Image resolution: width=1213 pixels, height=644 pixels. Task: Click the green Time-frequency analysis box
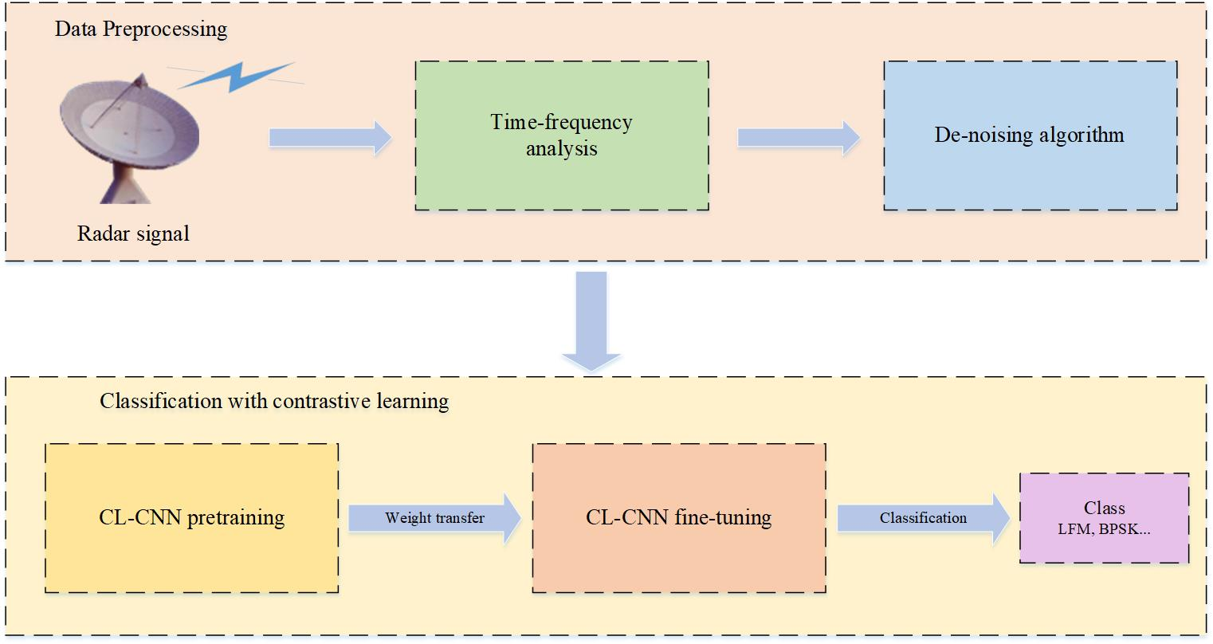[x=561, y=135]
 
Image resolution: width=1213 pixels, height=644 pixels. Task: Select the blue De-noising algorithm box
[x=1029, y=135]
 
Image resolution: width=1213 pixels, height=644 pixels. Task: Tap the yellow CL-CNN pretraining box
[x=191, y=518]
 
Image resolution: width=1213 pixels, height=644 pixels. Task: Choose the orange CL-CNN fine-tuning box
[x=678, y=518]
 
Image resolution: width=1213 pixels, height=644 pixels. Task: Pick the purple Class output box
[x=1104, y=518]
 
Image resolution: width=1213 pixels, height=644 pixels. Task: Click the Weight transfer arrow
[x=434, y=518]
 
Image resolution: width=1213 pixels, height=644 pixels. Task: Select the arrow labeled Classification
[x=923, y=518]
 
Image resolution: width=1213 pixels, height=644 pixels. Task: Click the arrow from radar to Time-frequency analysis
[x=330, y=138]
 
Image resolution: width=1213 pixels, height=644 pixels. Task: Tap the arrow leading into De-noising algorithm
[x=798, y=138]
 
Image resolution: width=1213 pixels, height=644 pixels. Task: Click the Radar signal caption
[x=133, y=234]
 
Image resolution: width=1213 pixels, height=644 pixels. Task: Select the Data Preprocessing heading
[x=141, y=30]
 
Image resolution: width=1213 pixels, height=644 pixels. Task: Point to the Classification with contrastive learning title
[x=274, y=401]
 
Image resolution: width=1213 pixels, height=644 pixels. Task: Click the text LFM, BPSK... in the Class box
[x=1104, y=528]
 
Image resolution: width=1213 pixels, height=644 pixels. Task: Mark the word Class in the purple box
[x=1104, y=509]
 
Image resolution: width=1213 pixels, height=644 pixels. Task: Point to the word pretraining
[x=236, y=518]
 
